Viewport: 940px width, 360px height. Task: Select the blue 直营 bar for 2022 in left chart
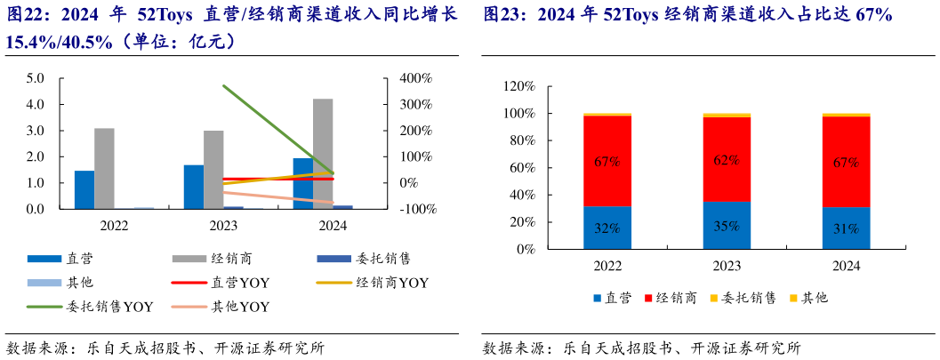tap(84, 189)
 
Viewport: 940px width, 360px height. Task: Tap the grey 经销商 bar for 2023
tap(213, 169)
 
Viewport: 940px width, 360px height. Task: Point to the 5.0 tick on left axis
tap(36, 78)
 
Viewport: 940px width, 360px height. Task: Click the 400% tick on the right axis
tap(415, 78)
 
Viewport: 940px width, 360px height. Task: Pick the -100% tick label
tap(415, 210)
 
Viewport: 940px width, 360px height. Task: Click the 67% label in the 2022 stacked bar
tap(607, 162)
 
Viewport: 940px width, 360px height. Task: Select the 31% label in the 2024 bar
tap(846, 228)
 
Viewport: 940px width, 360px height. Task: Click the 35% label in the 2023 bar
tap(727, 226)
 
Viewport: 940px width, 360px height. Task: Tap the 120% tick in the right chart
tap(518, 87)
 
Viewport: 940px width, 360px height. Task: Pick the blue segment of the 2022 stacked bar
tap(607, 228)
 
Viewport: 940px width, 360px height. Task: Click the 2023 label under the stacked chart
tap(727, 266)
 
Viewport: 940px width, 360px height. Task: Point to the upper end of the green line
tap(224, 86)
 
